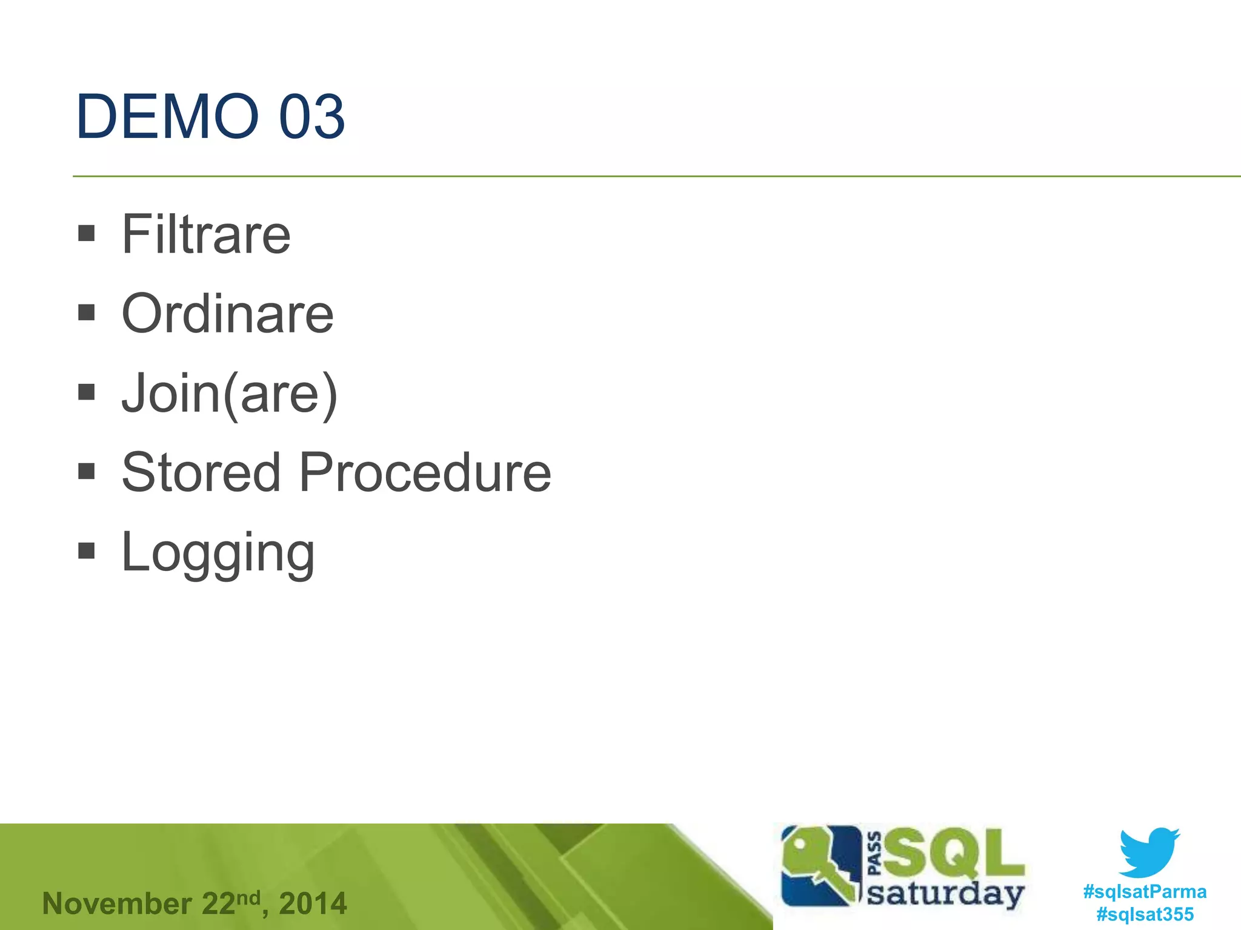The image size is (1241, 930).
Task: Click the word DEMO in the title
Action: (x=167, y=116)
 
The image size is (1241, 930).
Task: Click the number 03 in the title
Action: (x=311, y=116)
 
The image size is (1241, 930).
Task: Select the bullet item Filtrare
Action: (x=206, y=234)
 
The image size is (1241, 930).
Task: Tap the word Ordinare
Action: (x=227, y=314)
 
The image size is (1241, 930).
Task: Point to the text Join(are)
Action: (x=229, y=394)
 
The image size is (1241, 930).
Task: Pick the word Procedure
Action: (x=425, y=472)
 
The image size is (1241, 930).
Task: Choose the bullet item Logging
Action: (x=218, y=552)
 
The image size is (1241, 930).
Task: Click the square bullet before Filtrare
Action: (x=87, y=233)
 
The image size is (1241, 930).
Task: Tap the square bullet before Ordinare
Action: (x=87, y=312)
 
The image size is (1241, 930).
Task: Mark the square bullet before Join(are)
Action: (x=87, y=392)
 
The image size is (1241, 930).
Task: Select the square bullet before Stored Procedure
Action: (x=87, y=471)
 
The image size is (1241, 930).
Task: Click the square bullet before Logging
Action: (x=87, y=550)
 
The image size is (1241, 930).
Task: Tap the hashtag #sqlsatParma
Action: (x=1145, y=891)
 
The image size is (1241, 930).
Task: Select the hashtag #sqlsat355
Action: (x=1145, y=914)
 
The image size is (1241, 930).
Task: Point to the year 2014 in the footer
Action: (x=313, y=904)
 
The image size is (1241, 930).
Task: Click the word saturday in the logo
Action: (x=945, y=894)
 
